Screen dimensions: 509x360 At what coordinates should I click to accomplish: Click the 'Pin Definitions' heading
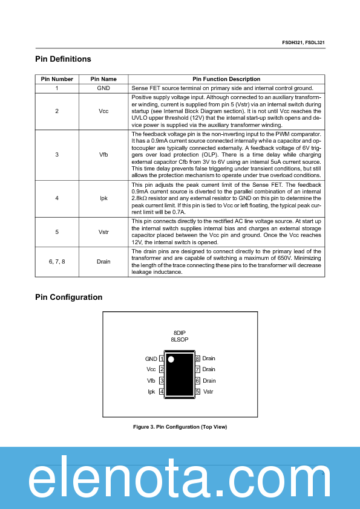click(x=63, y=59)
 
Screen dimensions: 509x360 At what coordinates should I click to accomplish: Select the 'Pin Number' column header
click(x=57, y=79)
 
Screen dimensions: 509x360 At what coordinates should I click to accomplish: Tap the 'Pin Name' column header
click(x=103, y=79)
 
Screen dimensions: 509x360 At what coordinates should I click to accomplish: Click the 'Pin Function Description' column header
click(x=226, y=79)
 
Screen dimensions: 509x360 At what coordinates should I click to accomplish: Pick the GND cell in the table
click(x=103, y=88)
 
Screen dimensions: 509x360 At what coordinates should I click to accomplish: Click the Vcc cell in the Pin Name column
click(x=103, y=111)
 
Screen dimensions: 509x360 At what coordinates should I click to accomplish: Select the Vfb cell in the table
click(x=103, y=155)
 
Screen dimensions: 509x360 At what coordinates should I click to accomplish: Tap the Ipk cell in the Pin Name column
click(x=103, y=198)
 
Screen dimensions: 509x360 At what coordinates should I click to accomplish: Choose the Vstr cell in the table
click(x=103, y=232)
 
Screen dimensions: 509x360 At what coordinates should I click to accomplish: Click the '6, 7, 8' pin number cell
click(x=57, y=261)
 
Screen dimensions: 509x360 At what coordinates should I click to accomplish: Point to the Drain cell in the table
click(x=103, y=261)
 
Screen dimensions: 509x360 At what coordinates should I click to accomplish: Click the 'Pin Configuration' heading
click(x=68, y=297)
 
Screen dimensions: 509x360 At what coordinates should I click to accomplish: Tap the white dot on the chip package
click(x=171, y=360)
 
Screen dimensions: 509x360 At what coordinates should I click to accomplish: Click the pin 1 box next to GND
click(x=162, y=359)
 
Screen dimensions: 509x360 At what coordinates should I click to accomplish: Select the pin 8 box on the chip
click(x=198, y=359)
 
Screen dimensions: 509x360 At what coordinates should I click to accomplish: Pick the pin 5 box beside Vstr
click(x=198, y=392)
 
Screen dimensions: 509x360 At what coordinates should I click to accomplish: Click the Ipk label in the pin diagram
click(x=152, y=392)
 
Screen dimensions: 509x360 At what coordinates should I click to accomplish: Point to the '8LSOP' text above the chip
click(x=179, y=340)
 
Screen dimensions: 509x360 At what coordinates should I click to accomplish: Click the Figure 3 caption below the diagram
click(x=180, y=427)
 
